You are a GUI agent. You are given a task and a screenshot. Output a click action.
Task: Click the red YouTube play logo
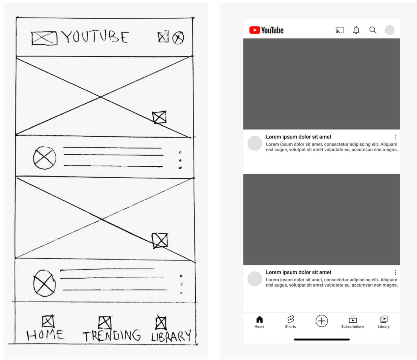(255, 30)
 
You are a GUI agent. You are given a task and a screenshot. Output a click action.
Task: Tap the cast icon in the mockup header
(339, 30)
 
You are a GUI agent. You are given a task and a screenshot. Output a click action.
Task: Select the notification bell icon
(356, 30)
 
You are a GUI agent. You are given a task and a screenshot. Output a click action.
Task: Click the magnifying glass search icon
(373, 30)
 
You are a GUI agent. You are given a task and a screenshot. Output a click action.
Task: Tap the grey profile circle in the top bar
(389, 30)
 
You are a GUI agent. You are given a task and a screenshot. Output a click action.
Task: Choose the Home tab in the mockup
(259, 322)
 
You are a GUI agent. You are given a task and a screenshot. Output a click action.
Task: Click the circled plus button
(321, 321)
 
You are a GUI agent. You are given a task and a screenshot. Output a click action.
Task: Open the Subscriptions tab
(352, 322)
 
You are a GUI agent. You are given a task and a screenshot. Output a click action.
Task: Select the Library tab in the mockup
(383, 322)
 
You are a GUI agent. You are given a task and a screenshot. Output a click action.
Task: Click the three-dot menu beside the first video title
(395, 137)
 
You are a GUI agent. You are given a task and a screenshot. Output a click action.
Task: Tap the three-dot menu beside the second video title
(395, 273)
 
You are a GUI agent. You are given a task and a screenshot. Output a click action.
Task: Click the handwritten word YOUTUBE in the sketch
(95, 37)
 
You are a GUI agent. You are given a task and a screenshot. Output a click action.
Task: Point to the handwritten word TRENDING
(112, 336)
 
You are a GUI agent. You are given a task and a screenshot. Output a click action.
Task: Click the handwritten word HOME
(45, 335)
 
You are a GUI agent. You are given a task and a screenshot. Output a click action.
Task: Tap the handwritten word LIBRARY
(171, 336)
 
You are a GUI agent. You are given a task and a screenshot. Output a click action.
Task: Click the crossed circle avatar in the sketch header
(178, 38)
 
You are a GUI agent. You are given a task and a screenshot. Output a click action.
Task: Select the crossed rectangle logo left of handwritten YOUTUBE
(44, 38)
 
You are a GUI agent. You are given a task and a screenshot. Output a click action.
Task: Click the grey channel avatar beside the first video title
(255, 143)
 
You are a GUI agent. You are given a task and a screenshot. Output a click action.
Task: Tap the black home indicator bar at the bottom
(321, 340)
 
